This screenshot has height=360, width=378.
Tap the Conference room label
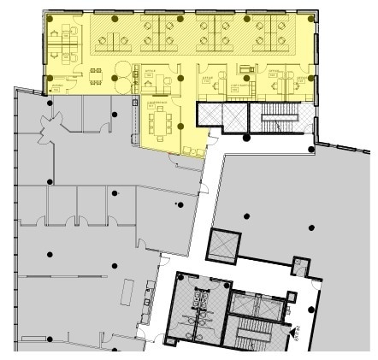pos(159,103)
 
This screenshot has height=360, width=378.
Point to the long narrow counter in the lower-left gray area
pos(128,295)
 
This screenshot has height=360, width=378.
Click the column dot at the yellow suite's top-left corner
pos(50,18)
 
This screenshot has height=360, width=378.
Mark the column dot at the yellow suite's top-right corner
pos(312,17)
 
